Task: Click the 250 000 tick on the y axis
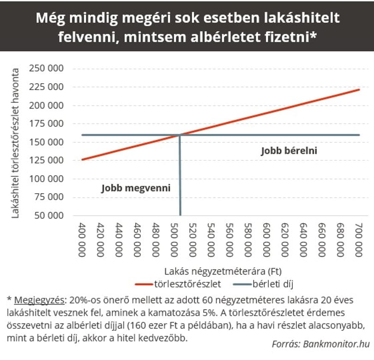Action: [x=46, y=68]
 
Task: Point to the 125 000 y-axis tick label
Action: [x=46, y=160]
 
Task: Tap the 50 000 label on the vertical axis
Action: [x=49, y=215]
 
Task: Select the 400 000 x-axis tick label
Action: [x=82, y=240]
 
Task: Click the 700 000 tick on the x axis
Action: [x=359, y=240]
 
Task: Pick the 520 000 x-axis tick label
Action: [x=193, y=240]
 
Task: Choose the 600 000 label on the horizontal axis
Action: [x=266, y=240]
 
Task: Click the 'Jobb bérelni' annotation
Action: [x=289, y=151]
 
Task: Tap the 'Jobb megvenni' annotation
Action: [x=136, y=188]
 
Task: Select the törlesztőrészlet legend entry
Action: [x=178, y=284]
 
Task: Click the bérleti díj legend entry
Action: [x=263, y=284]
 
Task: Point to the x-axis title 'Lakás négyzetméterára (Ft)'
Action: [x=223, y=271]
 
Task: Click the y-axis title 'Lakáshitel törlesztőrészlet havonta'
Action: [x=15, y=143]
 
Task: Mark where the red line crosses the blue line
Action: [x=180, y=135]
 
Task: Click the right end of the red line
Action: [x=359, y=90]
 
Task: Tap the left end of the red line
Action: [x=82, y=160]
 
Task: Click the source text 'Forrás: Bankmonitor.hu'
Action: [x=321, y=344]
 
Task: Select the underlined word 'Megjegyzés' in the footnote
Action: [x=39, y=300]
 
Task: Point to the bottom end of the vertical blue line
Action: [x=181, y=215]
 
